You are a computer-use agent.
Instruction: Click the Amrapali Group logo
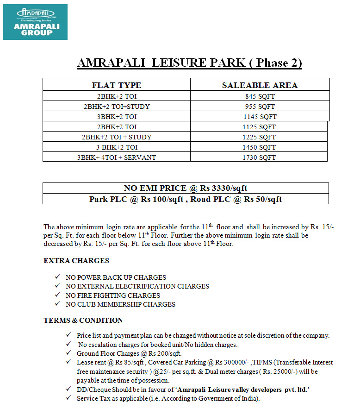[x=35, y=22]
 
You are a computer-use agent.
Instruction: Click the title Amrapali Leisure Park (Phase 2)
[x=190, y=63]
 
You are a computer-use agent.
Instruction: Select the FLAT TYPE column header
[x=117, y=85]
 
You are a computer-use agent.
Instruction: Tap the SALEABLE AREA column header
[x=260, y=85]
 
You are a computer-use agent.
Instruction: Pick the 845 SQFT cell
[x=260, y=96]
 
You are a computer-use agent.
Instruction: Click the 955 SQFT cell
[x=260, y=107]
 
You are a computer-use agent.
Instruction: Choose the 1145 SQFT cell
[x=260, y=117]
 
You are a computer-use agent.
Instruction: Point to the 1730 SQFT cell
[x=259, y=157]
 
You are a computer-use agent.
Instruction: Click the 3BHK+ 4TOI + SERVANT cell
[x=117, y=157]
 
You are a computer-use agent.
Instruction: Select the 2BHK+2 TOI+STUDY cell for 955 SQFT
[x=117, y=107]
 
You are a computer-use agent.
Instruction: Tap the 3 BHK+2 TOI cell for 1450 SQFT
[x=117, y=147]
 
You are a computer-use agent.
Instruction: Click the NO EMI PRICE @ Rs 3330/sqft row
[x=186, y=188]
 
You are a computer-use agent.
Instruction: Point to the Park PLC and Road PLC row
[x=186, y=199]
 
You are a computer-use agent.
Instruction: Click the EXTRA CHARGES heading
[x=76, y=261]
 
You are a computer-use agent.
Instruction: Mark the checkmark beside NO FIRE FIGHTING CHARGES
[x=57, y=295]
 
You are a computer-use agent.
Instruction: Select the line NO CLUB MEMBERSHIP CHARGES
[x=120, y=304]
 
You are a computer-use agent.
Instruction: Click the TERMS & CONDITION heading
[x=83, y=321]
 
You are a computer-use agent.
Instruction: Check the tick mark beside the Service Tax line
[x=68, y=398]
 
